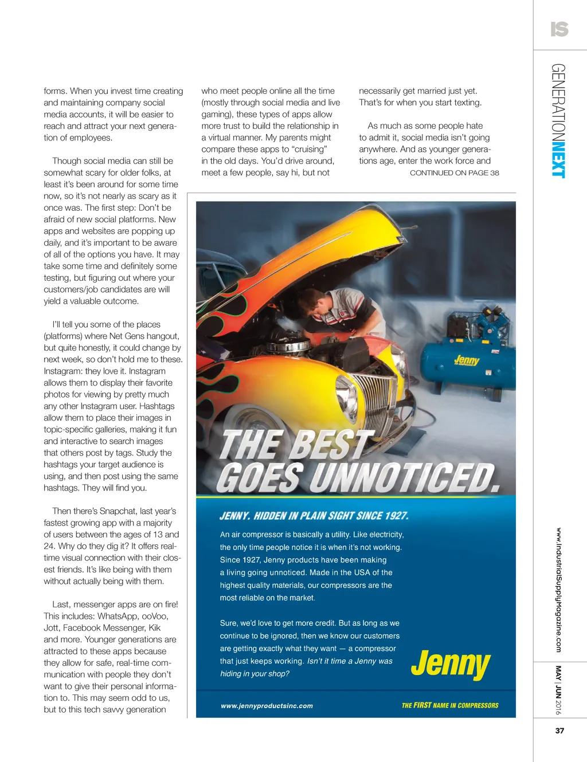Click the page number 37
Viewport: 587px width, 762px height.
click(x=559, y=730)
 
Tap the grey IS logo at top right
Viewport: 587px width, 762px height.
click(x=559, y=29)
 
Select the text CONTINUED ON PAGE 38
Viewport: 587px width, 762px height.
click(x=454, y=172)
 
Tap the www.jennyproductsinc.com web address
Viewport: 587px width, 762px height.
click(x=267, y=706)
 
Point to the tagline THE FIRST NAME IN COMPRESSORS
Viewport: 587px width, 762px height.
click(x=450, y=705)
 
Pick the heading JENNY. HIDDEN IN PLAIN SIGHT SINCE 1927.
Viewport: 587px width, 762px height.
click(x=314, y=516)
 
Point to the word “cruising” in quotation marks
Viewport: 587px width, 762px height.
click(x=310, y=149)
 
